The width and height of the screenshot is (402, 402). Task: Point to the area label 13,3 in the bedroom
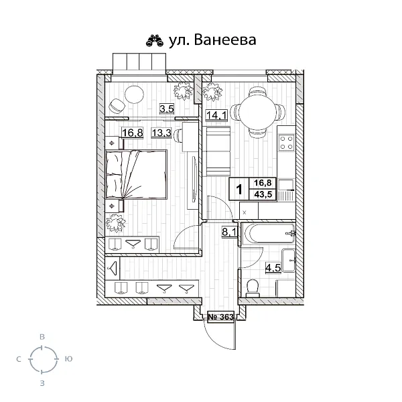click(161, 132)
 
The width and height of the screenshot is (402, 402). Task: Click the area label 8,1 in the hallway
click(228, 233)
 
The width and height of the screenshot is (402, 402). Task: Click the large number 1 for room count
click(239, 188)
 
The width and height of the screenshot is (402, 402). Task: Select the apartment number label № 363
click(220, 317)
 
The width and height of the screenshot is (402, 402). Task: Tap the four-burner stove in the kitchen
click(287, 142)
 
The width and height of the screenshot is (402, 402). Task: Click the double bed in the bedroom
click(135, 174)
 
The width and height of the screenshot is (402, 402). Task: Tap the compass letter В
click(42, 337)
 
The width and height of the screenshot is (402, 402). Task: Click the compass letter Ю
click(68, 360)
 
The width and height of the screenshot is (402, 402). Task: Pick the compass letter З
click(42, 383)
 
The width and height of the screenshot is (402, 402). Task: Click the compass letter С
click(17, 360)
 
